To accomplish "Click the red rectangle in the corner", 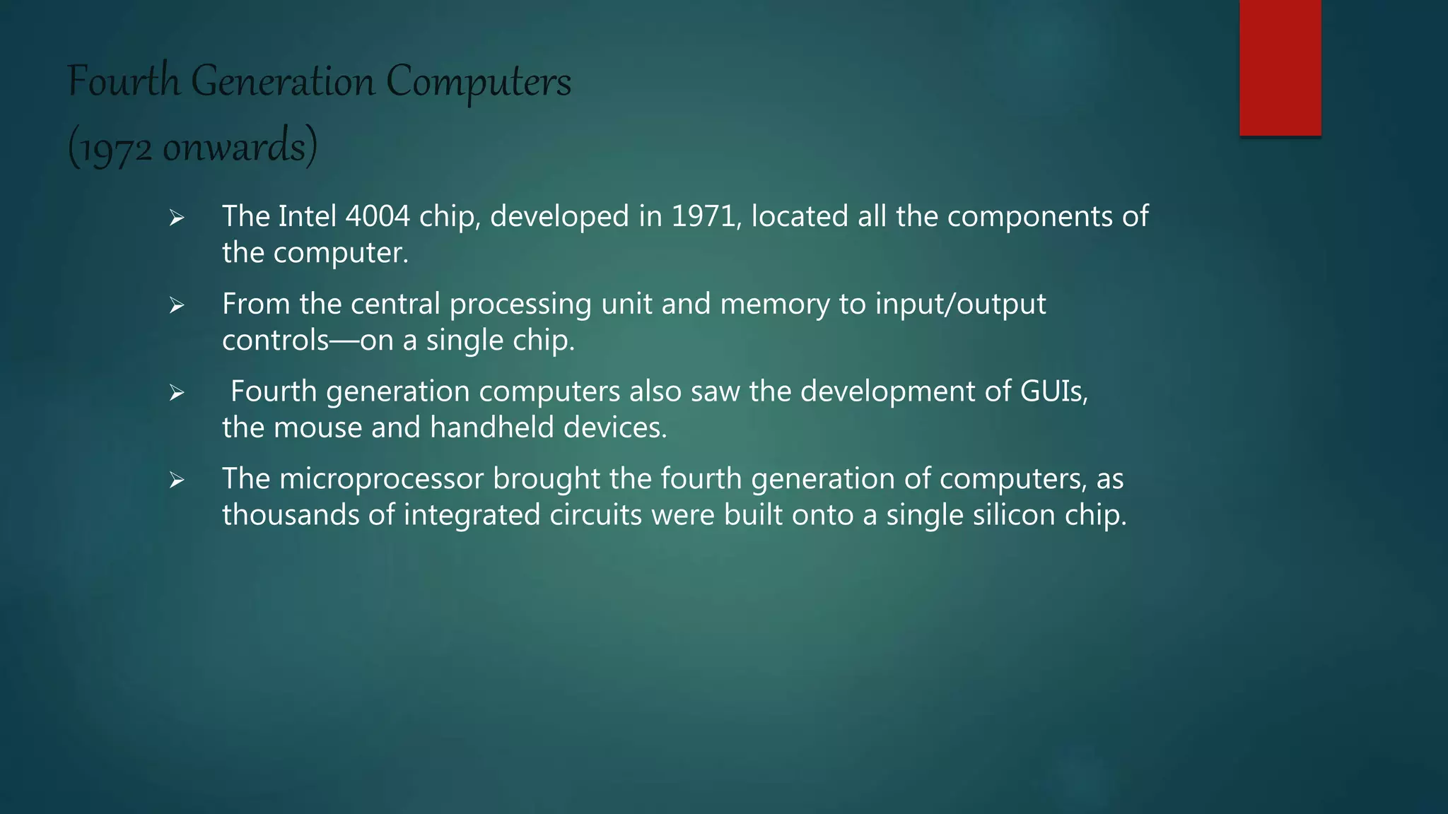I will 1280,68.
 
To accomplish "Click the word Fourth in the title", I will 124,81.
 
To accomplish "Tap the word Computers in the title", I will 479,83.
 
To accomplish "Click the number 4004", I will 378,216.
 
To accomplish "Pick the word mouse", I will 317,427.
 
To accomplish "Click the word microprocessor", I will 382,478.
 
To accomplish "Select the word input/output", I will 960,305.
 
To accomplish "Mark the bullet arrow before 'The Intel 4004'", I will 177,218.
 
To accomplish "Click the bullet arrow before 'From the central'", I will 177,306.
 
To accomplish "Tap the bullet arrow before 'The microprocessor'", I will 177,481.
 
